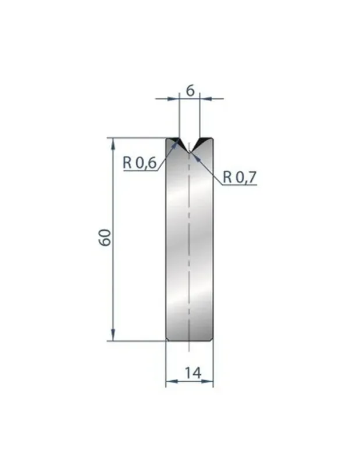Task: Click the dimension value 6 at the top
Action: [190, 90]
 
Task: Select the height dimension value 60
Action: [105, 238]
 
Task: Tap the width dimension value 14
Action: [190, 373]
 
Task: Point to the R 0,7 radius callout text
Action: [240, 177]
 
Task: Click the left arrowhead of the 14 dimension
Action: [170, 381]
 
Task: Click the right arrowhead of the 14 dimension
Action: [210, 381]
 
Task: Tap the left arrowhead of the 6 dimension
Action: [175, 99]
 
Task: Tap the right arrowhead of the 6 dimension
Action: [204, 99]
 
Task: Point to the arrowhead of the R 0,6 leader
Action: [177, 142]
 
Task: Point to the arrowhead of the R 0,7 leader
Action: [194, 155]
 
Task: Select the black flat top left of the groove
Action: [173, 141]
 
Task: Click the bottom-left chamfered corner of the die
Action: [167, 339]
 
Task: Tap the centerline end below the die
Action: [190, 350]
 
